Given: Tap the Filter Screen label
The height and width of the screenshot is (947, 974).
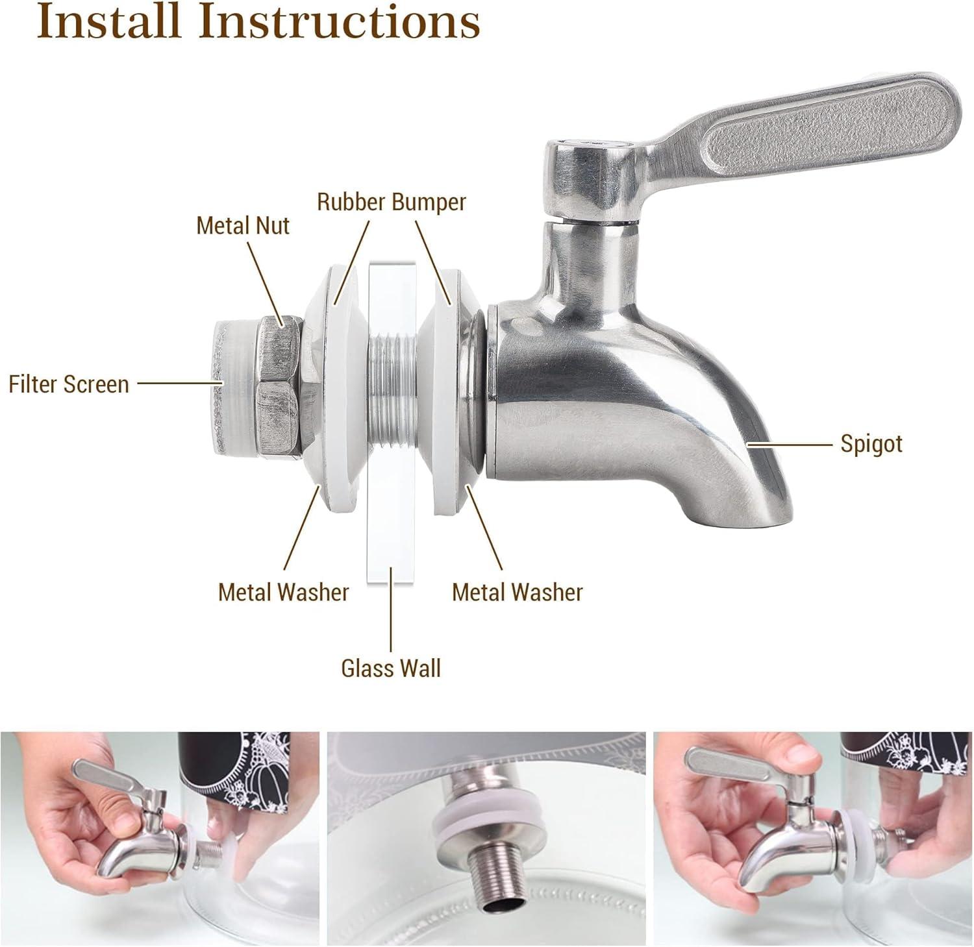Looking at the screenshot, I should [69, 384].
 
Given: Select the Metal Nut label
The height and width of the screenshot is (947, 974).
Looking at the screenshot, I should [243, 226].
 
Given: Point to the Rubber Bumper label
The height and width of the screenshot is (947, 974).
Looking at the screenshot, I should [391, 202].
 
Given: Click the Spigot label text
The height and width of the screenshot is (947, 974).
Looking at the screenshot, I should [871, 444].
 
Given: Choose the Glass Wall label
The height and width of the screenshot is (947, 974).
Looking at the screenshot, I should [391, 668].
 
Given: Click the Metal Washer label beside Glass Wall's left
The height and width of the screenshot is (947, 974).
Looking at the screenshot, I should [283, 592].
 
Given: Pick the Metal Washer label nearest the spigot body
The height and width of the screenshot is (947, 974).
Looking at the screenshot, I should [517, 592].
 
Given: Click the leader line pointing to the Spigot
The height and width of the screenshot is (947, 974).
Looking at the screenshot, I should [789, 445].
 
